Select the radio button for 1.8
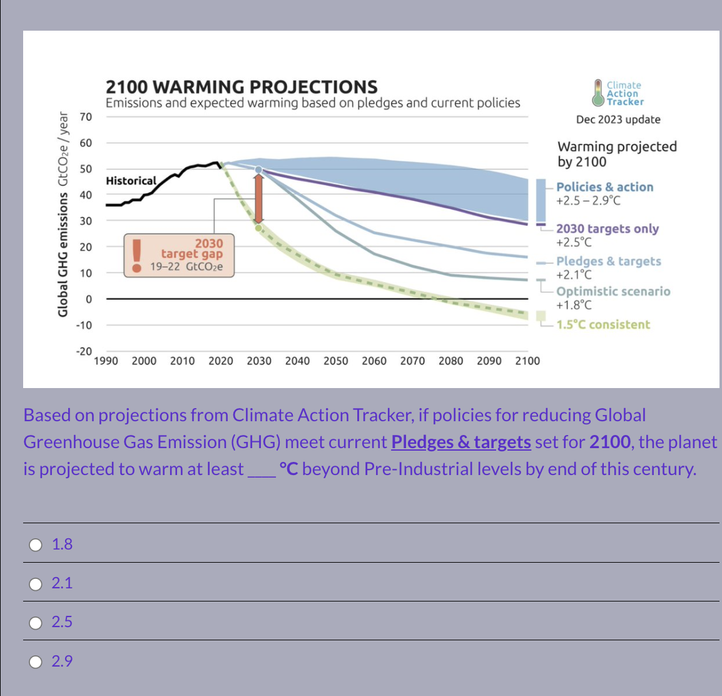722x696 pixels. pos(36,545)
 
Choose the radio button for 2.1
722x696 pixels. pos(36,584)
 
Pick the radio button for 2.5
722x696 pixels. pos(36,623)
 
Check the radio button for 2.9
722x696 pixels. pos(36,662)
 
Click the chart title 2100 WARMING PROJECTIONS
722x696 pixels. pos(242,86)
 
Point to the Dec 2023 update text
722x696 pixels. pos(618,120)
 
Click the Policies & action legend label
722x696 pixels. pos(604,187)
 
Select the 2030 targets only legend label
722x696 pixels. pos(608,228)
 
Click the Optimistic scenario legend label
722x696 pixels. pos(613,291)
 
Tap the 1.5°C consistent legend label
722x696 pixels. pos(603,324)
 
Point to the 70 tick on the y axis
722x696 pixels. pos(86,117)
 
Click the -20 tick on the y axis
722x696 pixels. pos(84,351)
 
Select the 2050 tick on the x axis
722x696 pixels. pos(336,361)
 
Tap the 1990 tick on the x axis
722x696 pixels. pos(106,361)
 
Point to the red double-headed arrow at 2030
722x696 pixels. pos(258,198)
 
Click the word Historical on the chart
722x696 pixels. pos(131,181)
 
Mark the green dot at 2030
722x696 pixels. pos(258,227)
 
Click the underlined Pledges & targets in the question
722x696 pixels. pos(461,442)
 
